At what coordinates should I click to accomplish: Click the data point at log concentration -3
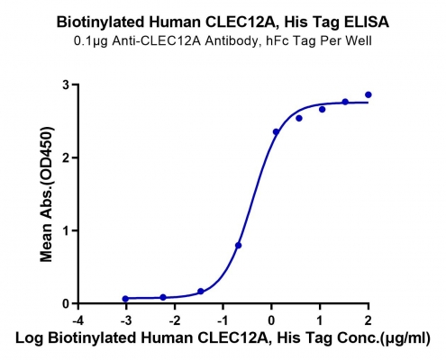[x=125, y=299]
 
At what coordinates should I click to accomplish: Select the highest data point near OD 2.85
[x=369, y=94]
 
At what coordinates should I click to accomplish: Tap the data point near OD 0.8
[x=239, y=246]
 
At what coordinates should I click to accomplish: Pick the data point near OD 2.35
[x=276, y=131]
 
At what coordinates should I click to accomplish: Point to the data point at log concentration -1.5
[x=201, y=292]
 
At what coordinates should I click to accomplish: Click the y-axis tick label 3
[x=66, y=85]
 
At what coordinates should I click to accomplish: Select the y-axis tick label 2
[x=66, y=157]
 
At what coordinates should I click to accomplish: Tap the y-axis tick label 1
[x=66, y=230]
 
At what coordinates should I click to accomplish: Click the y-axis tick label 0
[x=66, y=303]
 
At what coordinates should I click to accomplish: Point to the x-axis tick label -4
[x=78, y=320]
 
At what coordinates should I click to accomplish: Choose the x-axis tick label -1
[x=223, y=320]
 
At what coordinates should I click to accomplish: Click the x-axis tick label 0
[x=271, y=320]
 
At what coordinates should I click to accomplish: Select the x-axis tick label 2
[x=368, y=320]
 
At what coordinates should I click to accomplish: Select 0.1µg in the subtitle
[x=91, y=41]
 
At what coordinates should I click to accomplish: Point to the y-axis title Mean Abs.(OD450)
[x=47, y=194]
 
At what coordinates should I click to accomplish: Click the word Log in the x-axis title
[x=29, y=338]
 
